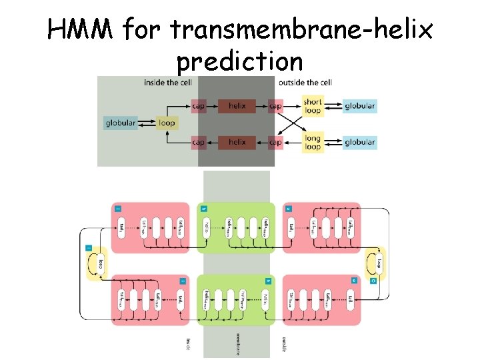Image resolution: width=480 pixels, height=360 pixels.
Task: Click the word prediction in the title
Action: tap(239, 61)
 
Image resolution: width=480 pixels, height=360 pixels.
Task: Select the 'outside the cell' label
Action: tap(304, 83)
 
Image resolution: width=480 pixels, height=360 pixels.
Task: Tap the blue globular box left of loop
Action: tap(121, 123)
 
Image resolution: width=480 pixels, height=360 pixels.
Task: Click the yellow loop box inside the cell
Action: tap(167, 123)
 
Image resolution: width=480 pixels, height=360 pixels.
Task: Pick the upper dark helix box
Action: tap(237, 105)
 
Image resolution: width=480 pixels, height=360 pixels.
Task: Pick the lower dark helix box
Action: tap(237, 142)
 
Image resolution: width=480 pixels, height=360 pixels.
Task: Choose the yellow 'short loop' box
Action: tap(313, 106)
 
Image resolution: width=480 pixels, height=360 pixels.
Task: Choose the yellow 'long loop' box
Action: tap(313, 143)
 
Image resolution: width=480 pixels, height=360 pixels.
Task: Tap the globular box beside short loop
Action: tap(359, 105)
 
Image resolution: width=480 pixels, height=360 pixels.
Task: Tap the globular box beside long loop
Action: tap(359, 142)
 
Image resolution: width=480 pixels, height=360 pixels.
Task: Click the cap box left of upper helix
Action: tap(199, 105)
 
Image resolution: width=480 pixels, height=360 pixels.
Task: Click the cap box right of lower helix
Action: tap(275, 142)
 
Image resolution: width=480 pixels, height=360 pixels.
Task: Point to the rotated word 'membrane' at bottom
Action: tap(238, 343)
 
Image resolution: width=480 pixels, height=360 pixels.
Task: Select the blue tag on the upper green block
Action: tap(204, 208)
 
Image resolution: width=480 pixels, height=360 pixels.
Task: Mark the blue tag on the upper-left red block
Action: tap(117, 208)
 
